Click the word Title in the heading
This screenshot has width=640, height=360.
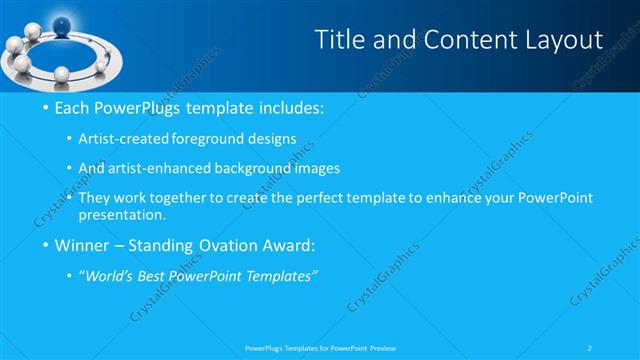[339, 40]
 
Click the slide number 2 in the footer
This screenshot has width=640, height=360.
[591, 348]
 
